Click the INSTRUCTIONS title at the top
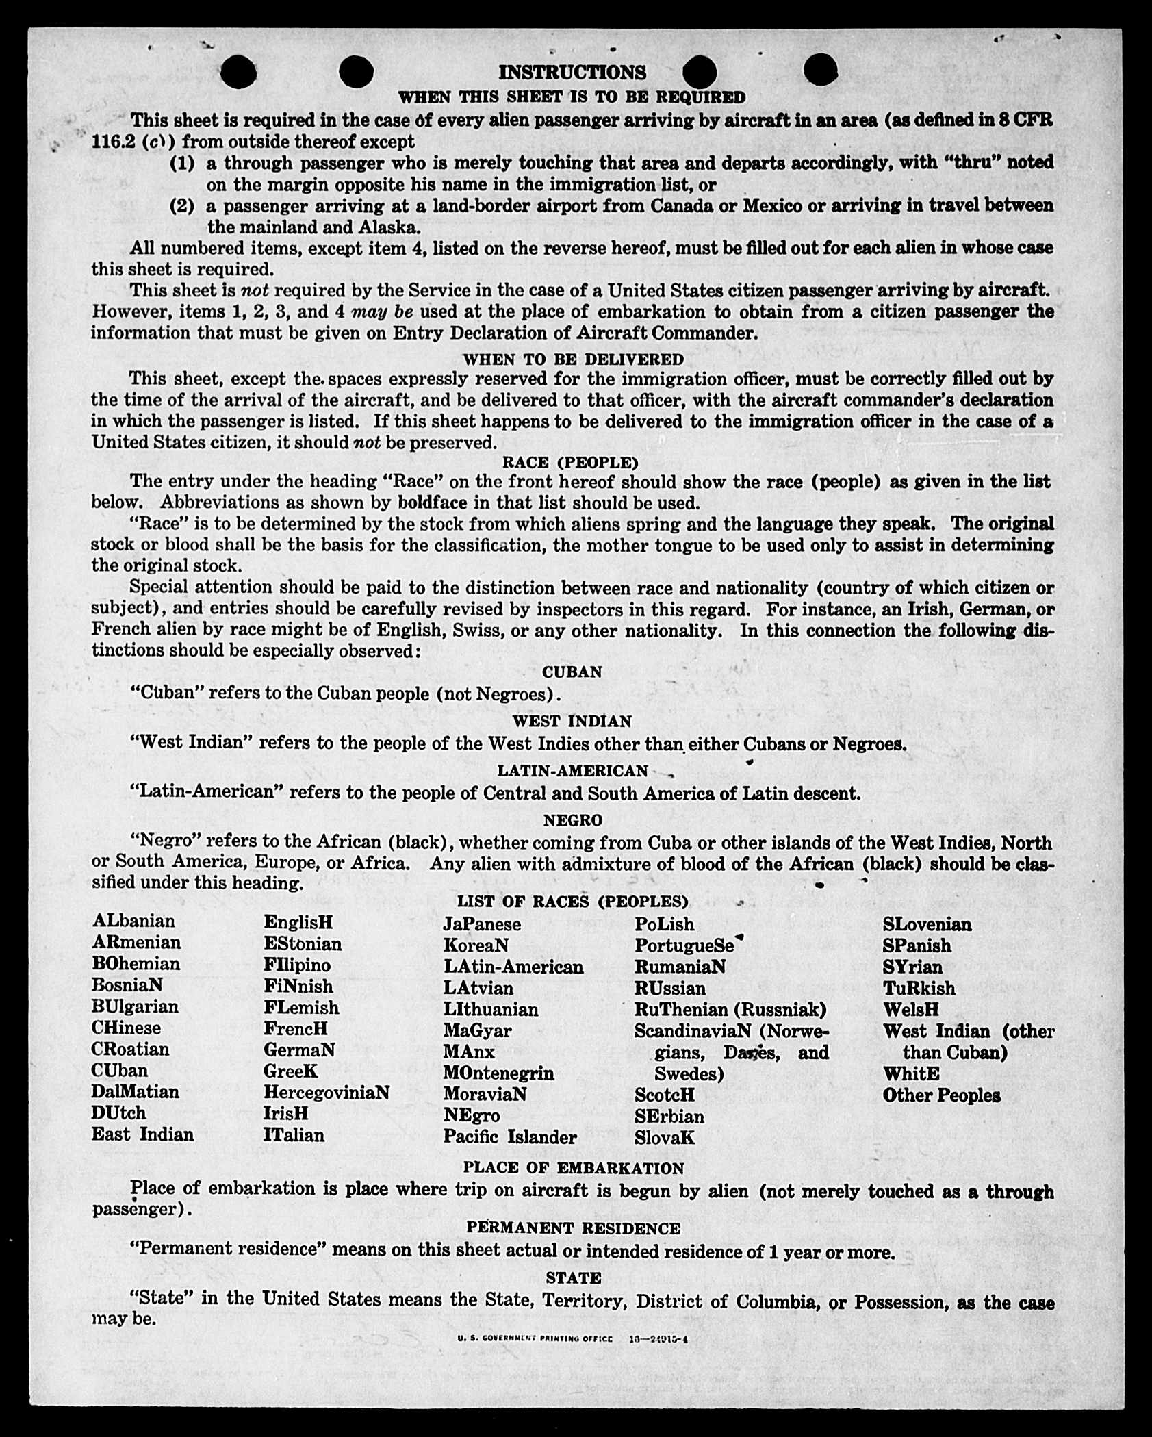click(x=572, y=73)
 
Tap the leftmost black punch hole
click(x=239, y=72)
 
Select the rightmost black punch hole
click(x=820, y=71)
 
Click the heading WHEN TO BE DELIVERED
click(x=573, y=359)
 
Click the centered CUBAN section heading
click(x=572, y=672)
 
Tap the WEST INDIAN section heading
click(x=572, y=721)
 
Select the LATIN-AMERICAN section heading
click(x=572, y=771)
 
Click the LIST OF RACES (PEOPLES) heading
click(x=572, y=901)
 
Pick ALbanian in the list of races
click(x=134, y=921)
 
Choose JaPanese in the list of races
click(x=482, y=924)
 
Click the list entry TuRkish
click(x=919, y=988)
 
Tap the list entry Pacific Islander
click(x=510, y=1137)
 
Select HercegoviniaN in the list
click(x=327, y=1092)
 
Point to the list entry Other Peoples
click(x=941, y=1095)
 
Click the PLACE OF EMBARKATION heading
click(x=574, y=1168)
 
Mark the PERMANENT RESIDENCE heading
click(x=574, y=1228)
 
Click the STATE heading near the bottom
click(x=574, y=1277)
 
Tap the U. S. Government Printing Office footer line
click(x=572, y=1339)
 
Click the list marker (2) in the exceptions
click(x=182, y=205)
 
